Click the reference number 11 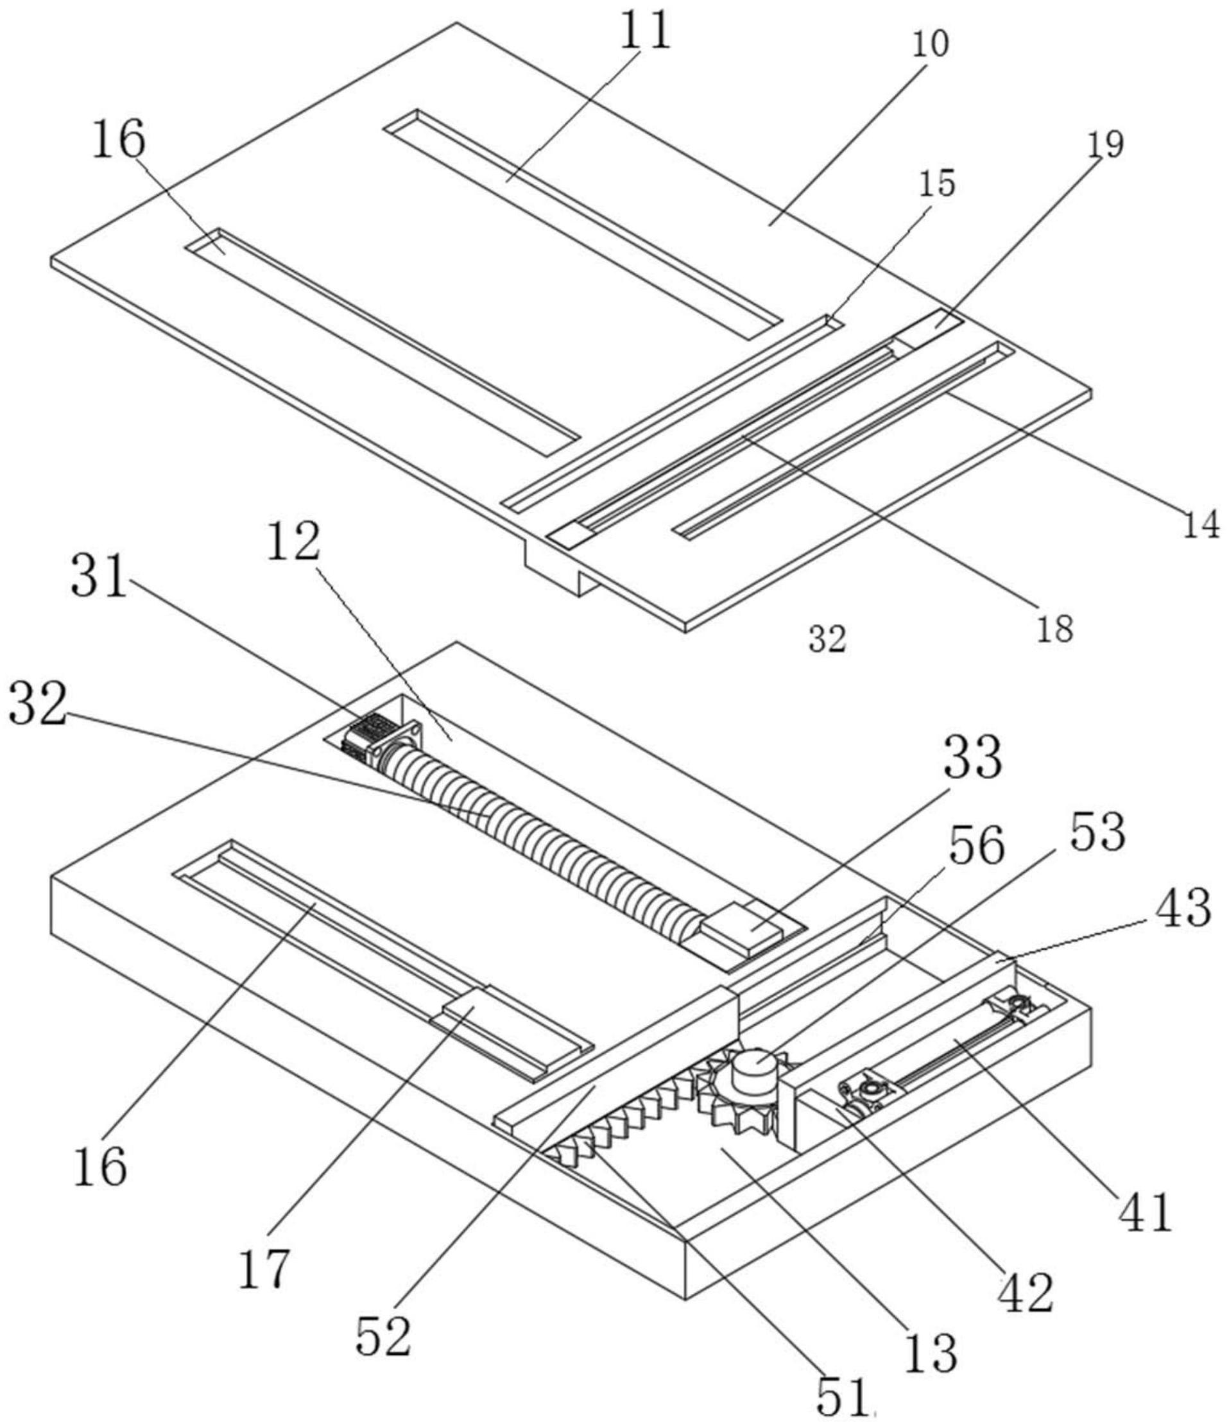(644, 32)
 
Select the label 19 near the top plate (1106, 145)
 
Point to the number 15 (936, 184)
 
